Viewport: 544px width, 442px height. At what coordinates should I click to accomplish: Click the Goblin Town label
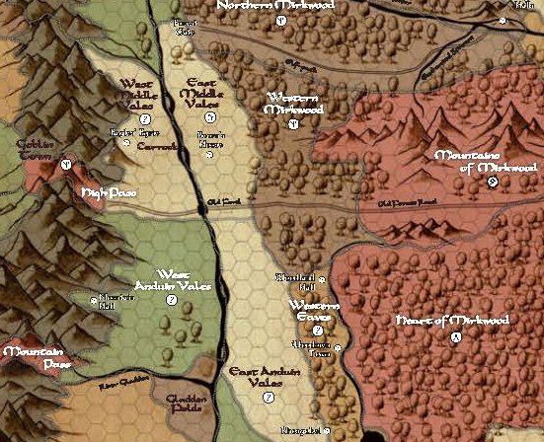pos(34,150)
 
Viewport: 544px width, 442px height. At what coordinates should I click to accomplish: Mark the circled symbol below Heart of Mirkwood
pos(455,337)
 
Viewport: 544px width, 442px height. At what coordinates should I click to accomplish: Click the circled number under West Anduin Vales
pos(171,300)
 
